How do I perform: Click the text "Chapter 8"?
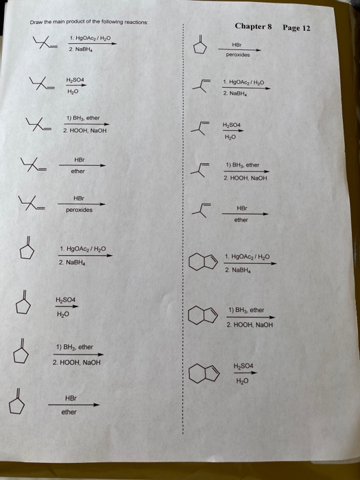[253, 26]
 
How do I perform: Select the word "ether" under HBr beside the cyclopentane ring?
[69, 412]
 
